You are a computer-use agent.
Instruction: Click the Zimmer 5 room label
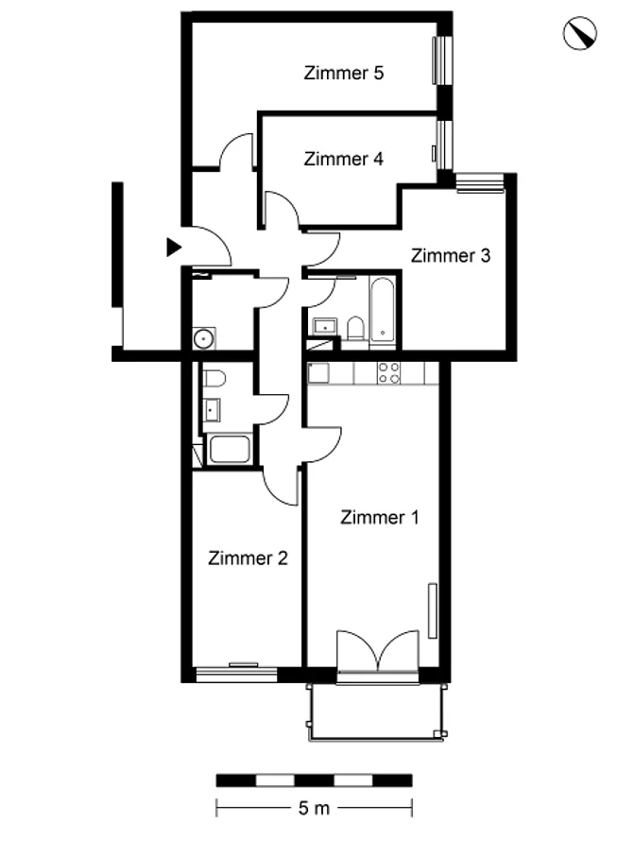[343, 73]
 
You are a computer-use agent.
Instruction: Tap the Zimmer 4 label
[343, 159]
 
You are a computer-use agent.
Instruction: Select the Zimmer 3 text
[450, 255]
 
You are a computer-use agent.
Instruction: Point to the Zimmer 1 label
[379, 517]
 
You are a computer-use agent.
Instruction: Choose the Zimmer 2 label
[248, 558]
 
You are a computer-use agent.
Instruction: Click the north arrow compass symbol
[579, 33]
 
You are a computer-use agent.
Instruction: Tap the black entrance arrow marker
[174, 248]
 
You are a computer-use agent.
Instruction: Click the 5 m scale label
[315, 808]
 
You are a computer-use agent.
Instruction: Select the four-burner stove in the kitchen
[388, 372]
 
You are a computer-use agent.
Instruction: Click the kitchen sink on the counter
[318, 372]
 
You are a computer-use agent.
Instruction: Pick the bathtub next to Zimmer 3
[382, 310]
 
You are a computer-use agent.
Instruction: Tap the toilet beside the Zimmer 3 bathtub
[355, 327]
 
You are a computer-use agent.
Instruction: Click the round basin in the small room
[204, 338]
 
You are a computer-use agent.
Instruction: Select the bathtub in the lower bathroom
[230, 449]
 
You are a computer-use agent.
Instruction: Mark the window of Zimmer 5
[443, 60]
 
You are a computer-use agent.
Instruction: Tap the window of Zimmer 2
[236, 674]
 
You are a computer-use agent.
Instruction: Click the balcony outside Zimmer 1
[376, 712]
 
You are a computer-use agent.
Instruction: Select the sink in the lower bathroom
[212, 410]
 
